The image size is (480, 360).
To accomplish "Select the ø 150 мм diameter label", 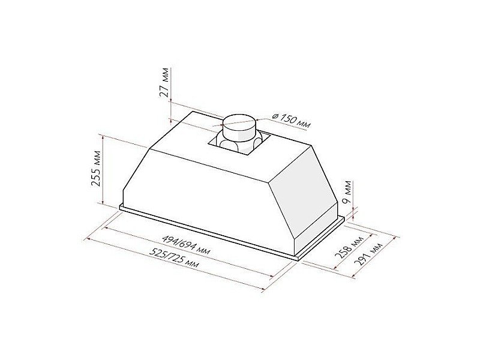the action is pos(291,120).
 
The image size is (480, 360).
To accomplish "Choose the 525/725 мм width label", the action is pos(175,257).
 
